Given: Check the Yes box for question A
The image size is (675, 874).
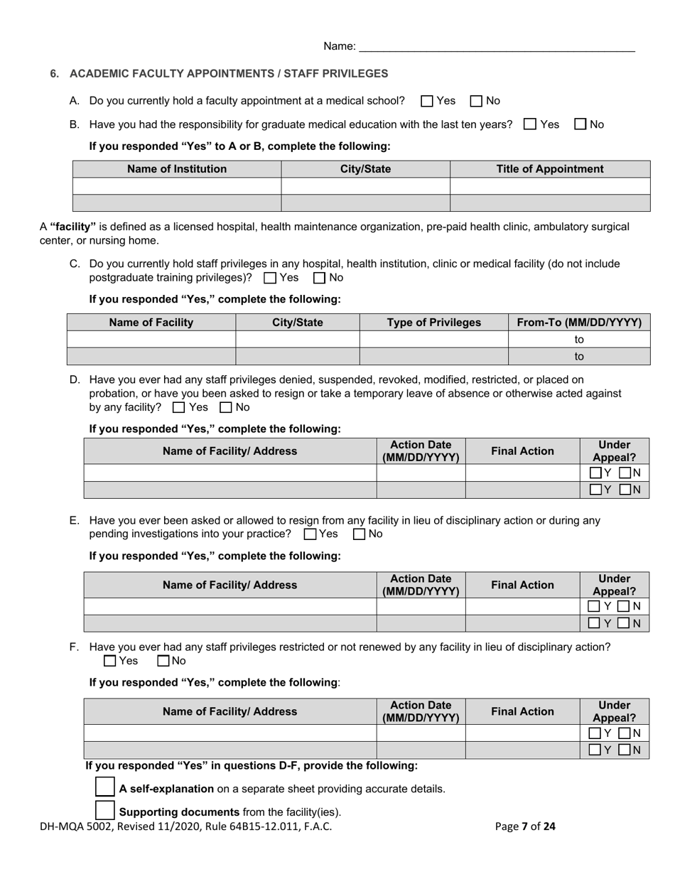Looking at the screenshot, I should point(427,101).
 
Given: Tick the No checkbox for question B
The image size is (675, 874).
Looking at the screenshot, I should point(580,124).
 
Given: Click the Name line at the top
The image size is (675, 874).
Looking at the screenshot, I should point(497,47).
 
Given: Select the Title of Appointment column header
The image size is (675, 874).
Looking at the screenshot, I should point(550,169).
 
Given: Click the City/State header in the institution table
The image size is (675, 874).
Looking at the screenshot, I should point(365,169).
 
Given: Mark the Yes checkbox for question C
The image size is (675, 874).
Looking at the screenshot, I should point(270,278).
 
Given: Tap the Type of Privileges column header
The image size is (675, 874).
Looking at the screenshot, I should point(433,323).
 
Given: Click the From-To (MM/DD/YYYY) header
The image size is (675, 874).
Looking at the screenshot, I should point(579,323).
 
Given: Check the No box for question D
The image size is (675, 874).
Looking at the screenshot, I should point(226,408).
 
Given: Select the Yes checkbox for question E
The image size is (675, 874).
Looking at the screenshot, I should point(310,534).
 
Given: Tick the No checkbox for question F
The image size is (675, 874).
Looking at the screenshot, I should point(163,662).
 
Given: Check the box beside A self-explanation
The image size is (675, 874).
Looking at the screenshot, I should point(104,787).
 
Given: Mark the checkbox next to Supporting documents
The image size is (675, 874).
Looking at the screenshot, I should point(104,810).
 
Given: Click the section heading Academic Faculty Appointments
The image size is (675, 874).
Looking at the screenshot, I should point(229,74).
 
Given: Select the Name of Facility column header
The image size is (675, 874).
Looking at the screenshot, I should point(151,323).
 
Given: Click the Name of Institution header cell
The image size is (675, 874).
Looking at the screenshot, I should point(177,169).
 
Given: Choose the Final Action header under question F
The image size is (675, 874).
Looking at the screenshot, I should point(522,712).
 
